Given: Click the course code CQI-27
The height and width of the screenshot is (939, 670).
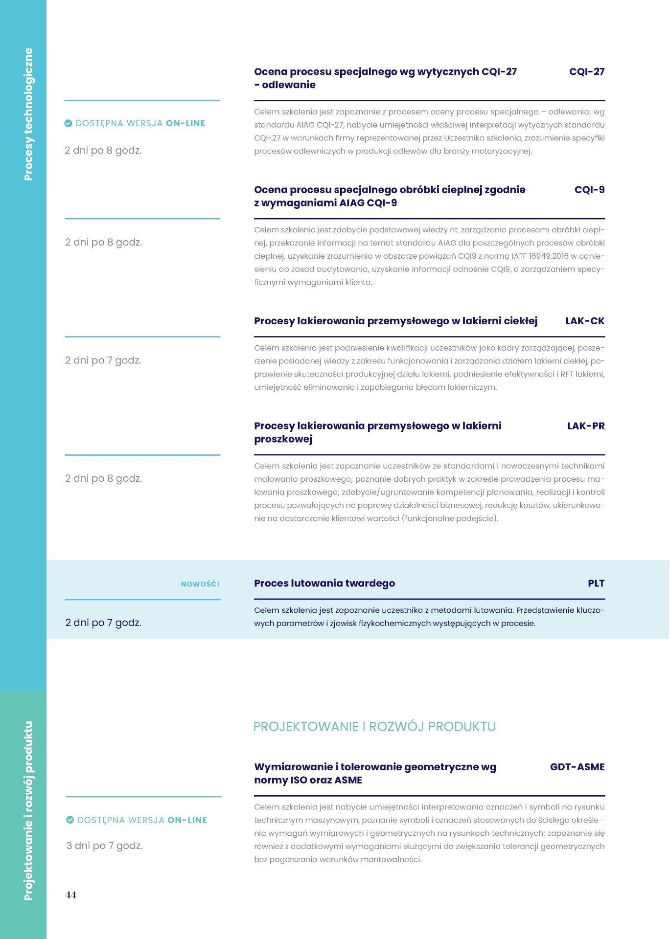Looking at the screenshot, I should tap(586, 72).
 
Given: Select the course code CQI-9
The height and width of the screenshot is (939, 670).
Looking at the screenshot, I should tap(589, 190).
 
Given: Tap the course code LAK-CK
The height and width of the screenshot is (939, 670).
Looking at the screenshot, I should tap(584, 321).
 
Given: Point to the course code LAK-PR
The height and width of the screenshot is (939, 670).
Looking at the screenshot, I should tap(585, 426).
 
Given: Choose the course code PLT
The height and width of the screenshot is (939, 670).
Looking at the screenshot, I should tap(596, 583).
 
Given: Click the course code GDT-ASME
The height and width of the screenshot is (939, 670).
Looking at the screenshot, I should tap(577, 767).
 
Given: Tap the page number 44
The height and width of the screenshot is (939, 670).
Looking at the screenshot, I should tap(71, 894).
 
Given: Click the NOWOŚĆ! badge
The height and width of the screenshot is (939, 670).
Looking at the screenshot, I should tap(200, 584).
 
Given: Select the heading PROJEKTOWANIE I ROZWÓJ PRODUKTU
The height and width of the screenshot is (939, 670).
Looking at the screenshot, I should tap(374, 726).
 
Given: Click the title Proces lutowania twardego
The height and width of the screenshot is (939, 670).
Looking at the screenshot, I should tap(324, 583).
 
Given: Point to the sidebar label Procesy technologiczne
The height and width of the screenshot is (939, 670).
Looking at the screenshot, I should tap(28, 114).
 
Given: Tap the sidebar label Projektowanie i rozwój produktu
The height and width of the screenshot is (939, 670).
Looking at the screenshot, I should tap(28, 810).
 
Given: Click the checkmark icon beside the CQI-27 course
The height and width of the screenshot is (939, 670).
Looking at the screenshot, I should tap(69, 123).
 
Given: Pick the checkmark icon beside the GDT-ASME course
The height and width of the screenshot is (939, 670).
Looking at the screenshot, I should tap(70, 820).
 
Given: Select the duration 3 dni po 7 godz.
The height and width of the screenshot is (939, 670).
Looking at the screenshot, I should tap(104, 846).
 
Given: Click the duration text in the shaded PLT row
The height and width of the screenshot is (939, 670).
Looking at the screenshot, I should tap(103, 623).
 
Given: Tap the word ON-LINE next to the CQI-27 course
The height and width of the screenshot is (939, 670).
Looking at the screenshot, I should tap(185, 123).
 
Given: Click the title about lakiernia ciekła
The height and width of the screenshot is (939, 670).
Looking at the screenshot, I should tap(395, 321).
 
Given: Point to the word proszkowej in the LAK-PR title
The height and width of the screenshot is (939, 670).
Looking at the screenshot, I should tap(283, 439).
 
